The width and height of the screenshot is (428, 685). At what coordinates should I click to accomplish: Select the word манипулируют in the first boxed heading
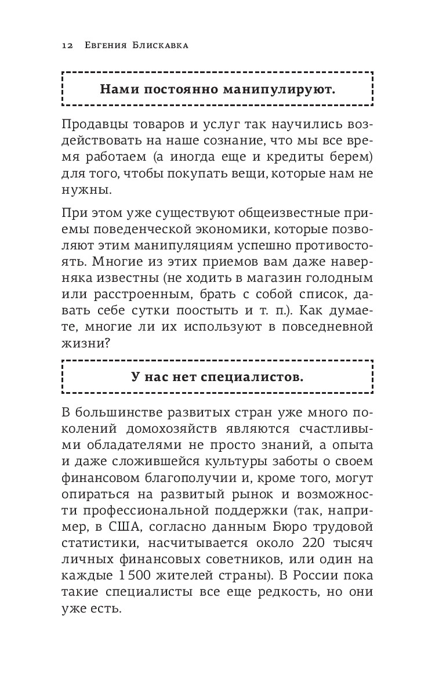pyautogui.click(x=283, y=89)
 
